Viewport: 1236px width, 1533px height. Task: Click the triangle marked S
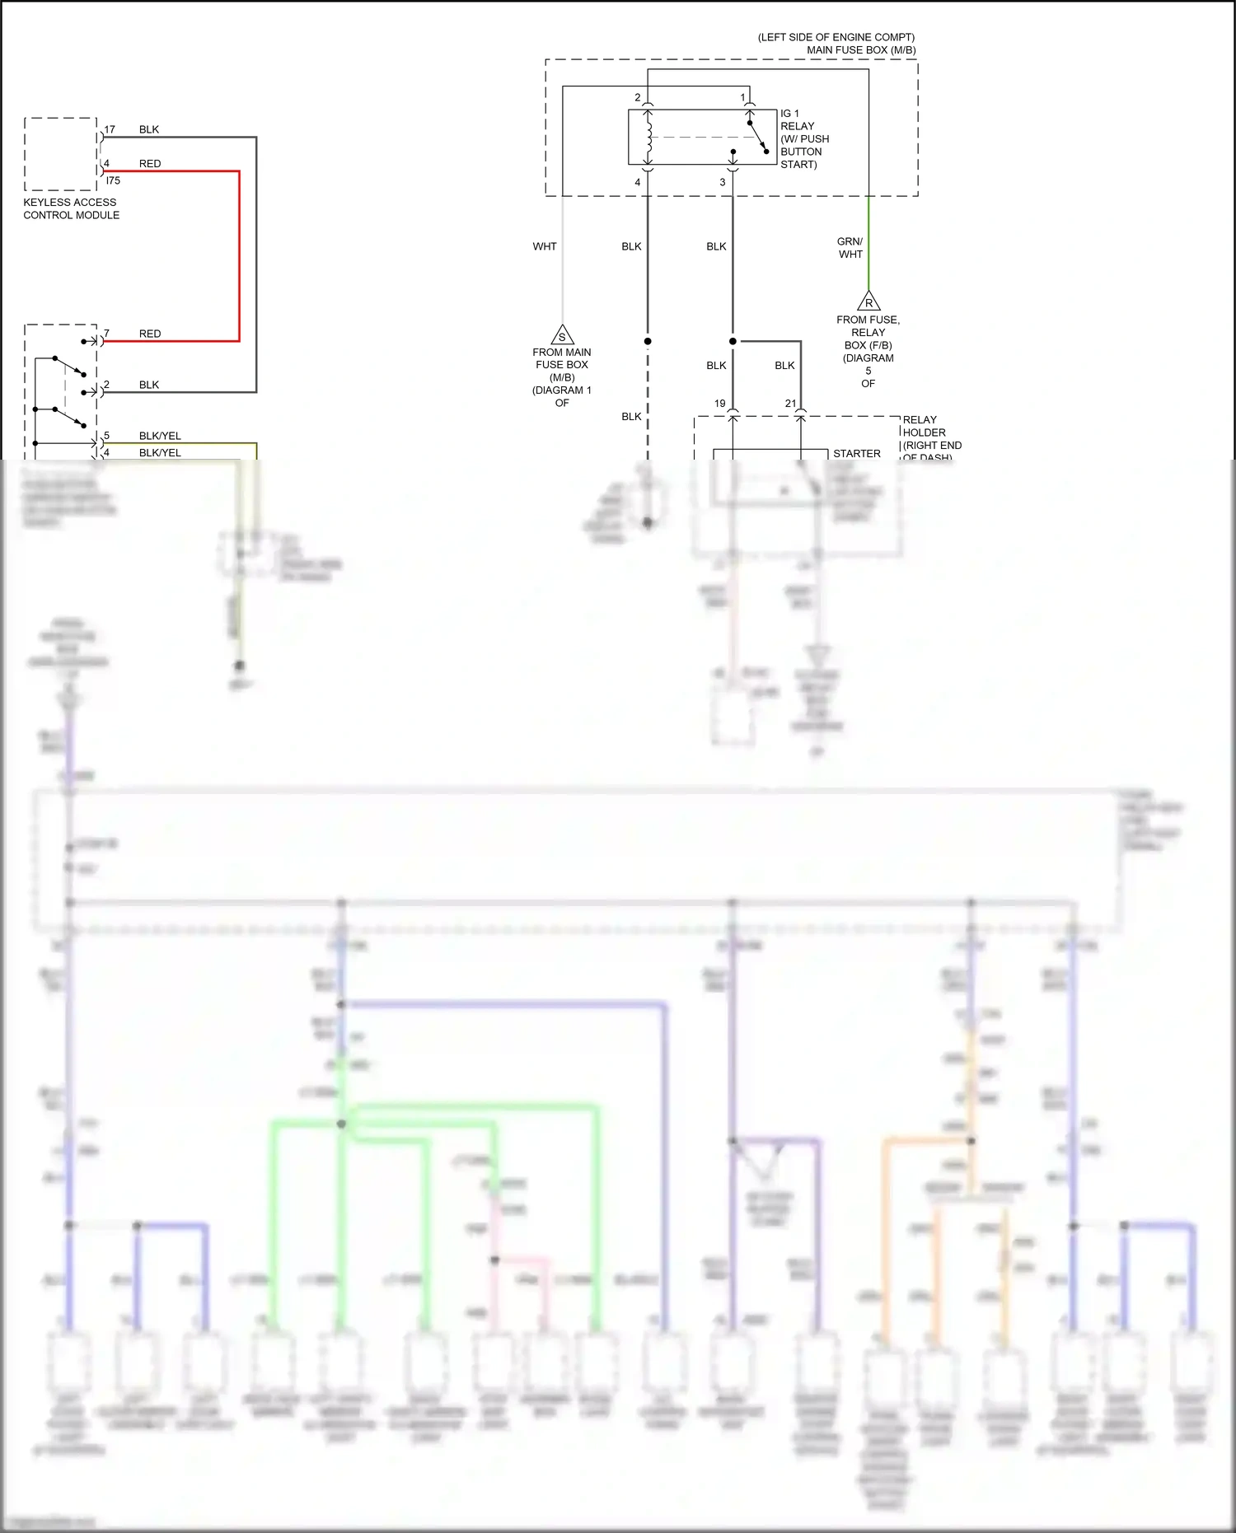(x=562, y=335)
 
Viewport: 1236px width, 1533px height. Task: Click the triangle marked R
(x=868, y=301)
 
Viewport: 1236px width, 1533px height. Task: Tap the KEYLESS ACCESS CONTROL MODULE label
(x=71, y=208)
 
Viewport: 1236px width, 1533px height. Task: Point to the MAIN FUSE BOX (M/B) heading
(x=860, y=50)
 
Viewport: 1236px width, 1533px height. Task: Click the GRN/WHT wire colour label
(x=850, y=248)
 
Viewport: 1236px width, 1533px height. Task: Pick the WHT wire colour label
(x=545, y=246)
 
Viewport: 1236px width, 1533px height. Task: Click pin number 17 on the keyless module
(x=110, y=129)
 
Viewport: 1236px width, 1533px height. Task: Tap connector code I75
(x=113, y=180)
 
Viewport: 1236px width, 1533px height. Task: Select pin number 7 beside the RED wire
(x=106, y=334)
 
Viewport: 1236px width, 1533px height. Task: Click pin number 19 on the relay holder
(x=720, y=404)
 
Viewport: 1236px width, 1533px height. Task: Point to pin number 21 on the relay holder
(x=791, y=404)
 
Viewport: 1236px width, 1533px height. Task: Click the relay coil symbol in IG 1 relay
(x=649, y=137)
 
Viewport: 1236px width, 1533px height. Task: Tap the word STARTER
(x=856, y=454)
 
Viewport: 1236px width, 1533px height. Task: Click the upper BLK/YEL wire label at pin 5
(x=160, y=436)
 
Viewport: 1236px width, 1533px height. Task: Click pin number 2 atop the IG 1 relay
(x=637, y=97)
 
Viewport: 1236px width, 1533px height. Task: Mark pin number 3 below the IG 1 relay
(x=723, y=182)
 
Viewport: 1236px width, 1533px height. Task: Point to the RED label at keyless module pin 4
(x=150, y=164)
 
